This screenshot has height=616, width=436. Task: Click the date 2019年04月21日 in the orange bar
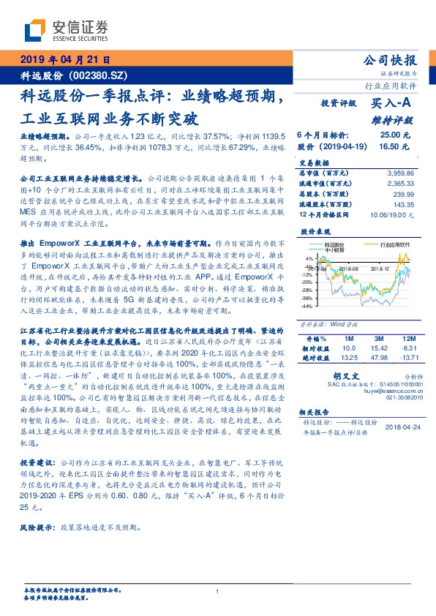point(64,61)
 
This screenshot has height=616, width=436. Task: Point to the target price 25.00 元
point(388,135)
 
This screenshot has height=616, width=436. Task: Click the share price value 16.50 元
point(388,146)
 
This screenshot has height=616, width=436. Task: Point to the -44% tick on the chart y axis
point(309,307)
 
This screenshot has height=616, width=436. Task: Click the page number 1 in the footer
point(218,592)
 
